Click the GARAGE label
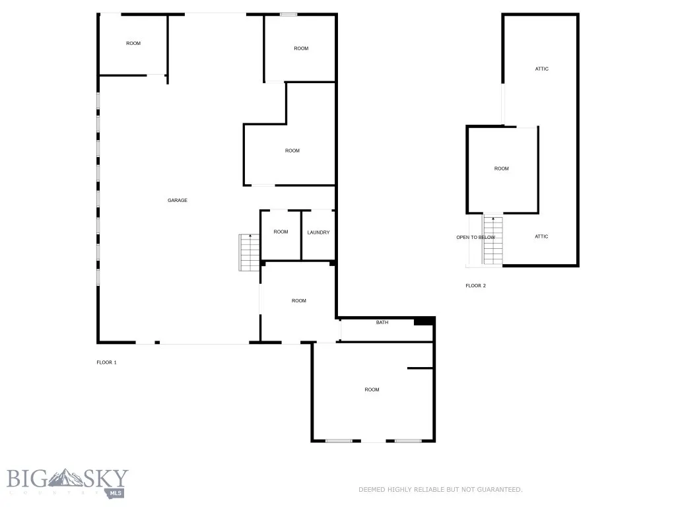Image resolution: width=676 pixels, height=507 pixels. (177, 200)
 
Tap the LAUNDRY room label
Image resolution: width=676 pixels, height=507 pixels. (318, 232)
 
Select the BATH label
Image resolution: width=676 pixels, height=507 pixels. (382, 323)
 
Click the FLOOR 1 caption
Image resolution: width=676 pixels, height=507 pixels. (106, 362)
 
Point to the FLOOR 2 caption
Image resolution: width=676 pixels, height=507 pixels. (475, 286)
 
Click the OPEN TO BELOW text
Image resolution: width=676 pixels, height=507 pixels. (475, 237)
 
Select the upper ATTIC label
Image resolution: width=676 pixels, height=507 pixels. (541, 69)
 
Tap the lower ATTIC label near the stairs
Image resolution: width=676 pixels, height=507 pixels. (541, 236)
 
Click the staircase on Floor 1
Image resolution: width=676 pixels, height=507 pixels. (250, 252)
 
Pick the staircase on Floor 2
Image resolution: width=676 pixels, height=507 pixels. (493, 240)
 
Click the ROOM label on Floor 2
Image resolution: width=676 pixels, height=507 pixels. (502, 168)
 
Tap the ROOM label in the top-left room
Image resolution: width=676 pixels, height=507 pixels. (133, 44)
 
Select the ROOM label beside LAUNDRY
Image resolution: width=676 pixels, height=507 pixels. (281, 232)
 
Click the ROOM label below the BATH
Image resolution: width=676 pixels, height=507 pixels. (372, 389)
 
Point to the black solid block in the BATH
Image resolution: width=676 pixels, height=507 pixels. (422, 321)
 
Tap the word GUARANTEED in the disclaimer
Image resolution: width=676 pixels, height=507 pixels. (500, 490)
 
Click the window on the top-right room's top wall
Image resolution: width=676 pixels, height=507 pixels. (288, 14)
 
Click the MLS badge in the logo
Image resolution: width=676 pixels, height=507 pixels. (116, 492)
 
